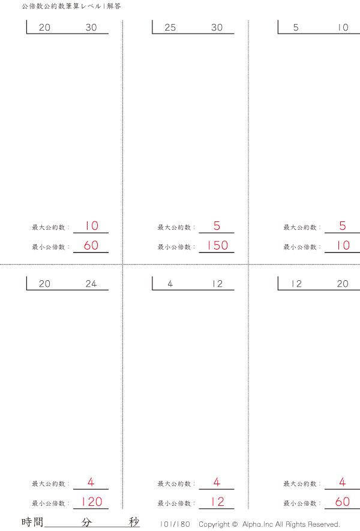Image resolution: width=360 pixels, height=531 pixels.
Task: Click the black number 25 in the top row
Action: [x=170, y=28]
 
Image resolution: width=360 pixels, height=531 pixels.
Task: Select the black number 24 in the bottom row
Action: [x=91, y=284]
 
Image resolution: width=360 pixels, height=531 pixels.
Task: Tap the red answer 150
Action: [x=217, y=245]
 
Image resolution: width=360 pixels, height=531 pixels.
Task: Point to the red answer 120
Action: [x=91, y=502]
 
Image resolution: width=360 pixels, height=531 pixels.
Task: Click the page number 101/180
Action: [x=175, y=524]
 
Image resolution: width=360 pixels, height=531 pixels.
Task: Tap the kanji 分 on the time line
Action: [x=87, y=522]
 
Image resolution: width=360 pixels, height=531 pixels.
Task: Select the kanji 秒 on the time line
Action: [x=134, y=522]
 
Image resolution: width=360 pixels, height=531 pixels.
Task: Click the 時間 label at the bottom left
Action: [x=32, y=522]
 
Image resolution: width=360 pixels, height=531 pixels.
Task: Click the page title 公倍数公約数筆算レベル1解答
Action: [x=71, y=7]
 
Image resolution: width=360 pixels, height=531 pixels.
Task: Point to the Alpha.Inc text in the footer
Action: [x=257, y=524]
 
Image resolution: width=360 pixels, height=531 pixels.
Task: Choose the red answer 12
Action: [x=217, y=502]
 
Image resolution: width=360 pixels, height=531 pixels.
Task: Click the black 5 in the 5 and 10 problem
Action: [x=296, y=28]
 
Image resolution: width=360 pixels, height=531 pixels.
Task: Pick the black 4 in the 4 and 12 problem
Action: [x=170, y=284]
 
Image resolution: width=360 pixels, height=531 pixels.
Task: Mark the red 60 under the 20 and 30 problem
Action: [x=91, y=245]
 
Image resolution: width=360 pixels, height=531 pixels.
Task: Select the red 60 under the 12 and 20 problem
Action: [x=342, y=502]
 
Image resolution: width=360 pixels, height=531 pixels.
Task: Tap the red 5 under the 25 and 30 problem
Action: [x=217, y=226]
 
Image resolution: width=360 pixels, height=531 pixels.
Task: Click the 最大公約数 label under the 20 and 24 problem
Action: [x=50, y=484]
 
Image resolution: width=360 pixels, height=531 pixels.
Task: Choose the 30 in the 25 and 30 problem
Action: [x=217, y=28]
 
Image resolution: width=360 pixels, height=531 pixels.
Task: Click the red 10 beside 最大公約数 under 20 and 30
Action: [x=91, y=226]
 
